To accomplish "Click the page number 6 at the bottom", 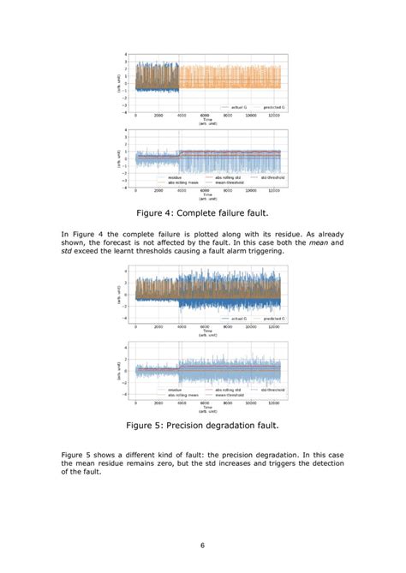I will click(202, 546).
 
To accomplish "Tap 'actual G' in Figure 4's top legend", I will click(239, 107).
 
